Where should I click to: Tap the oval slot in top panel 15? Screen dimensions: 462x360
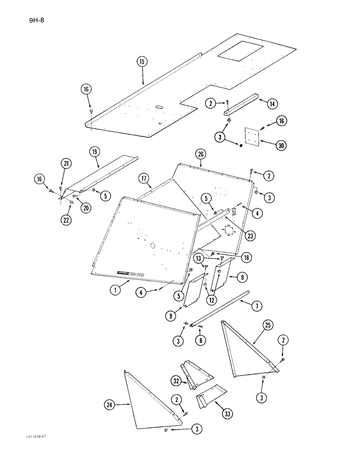157,106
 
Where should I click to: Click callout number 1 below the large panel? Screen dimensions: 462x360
113,290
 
